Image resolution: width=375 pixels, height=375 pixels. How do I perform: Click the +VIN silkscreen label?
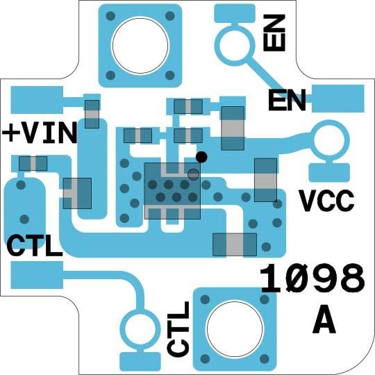tap(40, 133)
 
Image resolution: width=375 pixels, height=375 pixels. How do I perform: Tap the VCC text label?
tap(327, 201)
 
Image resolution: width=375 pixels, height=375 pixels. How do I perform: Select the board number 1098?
tap(312, 278)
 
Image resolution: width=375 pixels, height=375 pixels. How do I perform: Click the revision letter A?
tap(324, 320)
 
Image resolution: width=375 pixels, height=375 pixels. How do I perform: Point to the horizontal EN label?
tap(287, 100)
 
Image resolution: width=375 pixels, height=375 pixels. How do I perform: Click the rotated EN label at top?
tap(274, 33)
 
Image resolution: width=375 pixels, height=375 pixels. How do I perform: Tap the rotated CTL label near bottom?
tap(178, 328)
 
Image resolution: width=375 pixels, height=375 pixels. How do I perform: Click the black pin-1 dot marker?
tap(201, 157)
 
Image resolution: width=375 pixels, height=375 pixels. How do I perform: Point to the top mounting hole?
tap(140, 45)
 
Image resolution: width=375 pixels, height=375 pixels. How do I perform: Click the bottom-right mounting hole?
tap(235, 329)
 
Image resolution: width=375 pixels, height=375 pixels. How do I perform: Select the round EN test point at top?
tap(235, 46)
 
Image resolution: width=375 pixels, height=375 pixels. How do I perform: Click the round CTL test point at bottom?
tap(140, 331)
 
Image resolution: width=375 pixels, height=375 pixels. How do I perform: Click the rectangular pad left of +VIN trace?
tap(37, 100)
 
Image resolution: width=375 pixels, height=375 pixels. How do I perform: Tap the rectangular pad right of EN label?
tap(338, 99)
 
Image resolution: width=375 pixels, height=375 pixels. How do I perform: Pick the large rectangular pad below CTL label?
tap(37, 275)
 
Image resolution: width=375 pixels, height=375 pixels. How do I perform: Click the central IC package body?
tap(172, 191)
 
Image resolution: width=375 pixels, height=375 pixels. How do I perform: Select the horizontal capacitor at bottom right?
tap(235, 244)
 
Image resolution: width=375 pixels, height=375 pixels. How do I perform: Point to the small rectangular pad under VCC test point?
tap(329, 173)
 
